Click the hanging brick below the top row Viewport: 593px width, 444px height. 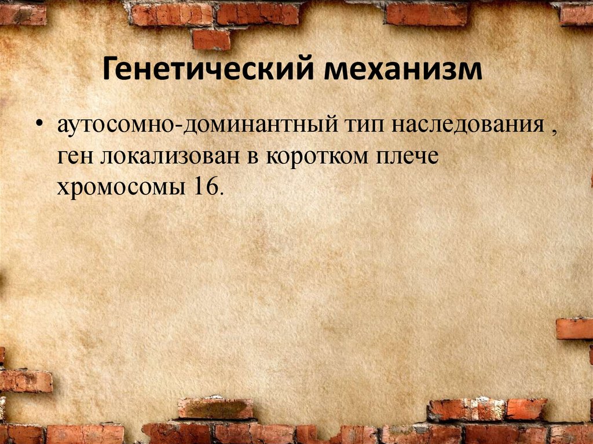(211, 39)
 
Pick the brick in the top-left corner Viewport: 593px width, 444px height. (23, 14)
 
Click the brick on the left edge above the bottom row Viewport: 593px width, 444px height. (25, 381)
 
